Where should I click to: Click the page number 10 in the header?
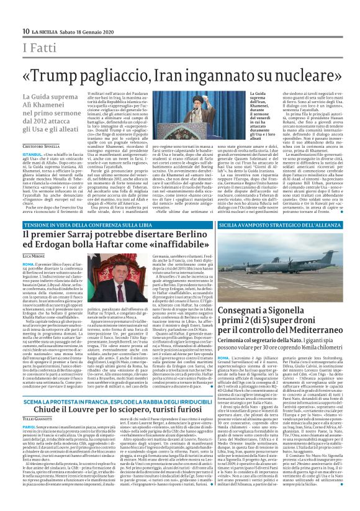26,31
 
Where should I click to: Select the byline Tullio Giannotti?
42,420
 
